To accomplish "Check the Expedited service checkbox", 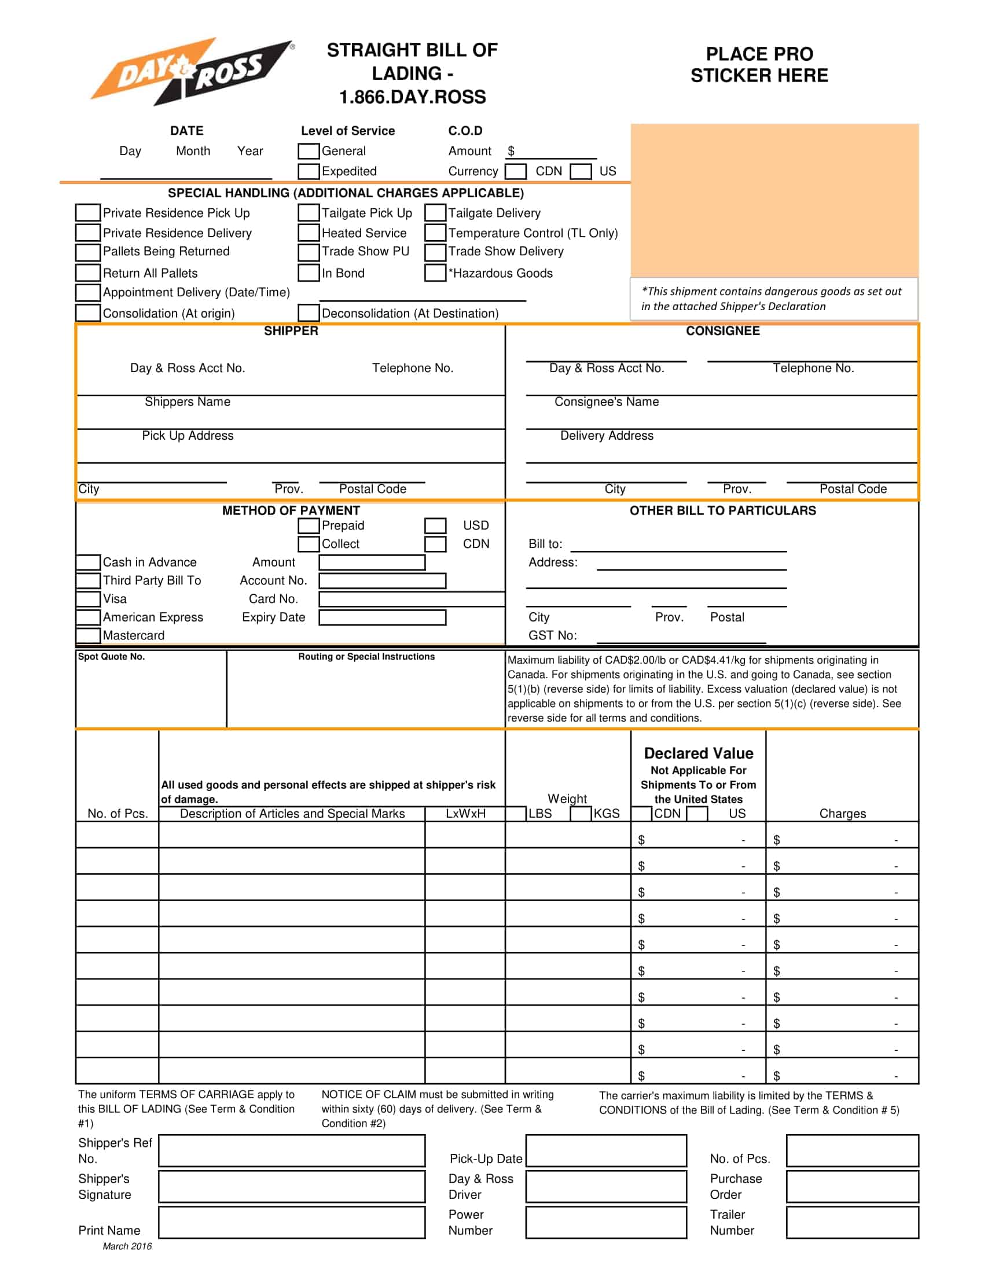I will [x=309, y=171].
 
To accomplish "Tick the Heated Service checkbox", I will [x=309, y=233].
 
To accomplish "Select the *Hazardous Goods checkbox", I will [x=435, y=273].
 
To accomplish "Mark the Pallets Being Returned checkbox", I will [x=87, y=252].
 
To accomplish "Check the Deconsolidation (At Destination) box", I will [x=309, y=313].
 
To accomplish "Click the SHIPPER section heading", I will [x=291, y=331].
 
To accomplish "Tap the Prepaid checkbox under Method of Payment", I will [x=309, y=526].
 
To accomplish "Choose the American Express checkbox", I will [x=87, y=617].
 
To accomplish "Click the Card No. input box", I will [x=412, y=599].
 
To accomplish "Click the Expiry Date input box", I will [x=383, y=618].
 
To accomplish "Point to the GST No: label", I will [x=552, y=636].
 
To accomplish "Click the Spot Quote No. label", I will [x=111, y=657].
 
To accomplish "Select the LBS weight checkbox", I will [x=515, y=814].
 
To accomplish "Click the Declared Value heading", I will [x=699, y=753].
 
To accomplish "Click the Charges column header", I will [x=842, y=814].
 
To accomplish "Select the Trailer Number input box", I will [x=852, y=1223].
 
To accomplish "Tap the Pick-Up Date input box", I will [x=606, y=1151].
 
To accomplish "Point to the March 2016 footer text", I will [x=127, y=1247].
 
